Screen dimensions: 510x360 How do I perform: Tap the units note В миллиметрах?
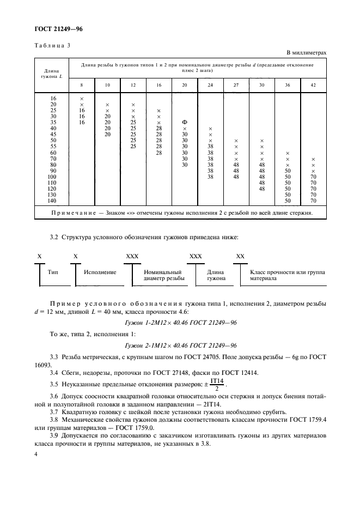point(306,53)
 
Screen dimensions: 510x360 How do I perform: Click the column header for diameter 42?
point(313,85)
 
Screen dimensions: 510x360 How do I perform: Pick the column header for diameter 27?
point(236,85)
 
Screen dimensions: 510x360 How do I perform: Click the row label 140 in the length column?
point(53,201)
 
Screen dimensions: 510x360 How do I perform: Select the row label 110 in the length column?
point(53,183)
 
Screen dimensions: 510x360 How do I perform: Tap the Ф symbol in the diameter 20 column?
point(185,122)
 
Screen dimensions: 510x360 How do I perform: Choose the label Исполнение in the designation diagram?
point(100,271)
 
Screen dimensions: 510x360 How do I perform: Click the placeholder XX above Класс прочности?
point(240,256)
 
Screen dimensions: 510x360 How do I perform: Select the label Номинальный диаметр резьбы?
point(163,274)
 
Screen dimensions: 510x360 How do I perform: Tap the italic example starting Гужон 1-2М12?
point(180,323)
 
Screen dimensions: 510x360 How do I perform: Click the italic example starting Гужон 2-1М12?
point(180,346)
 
